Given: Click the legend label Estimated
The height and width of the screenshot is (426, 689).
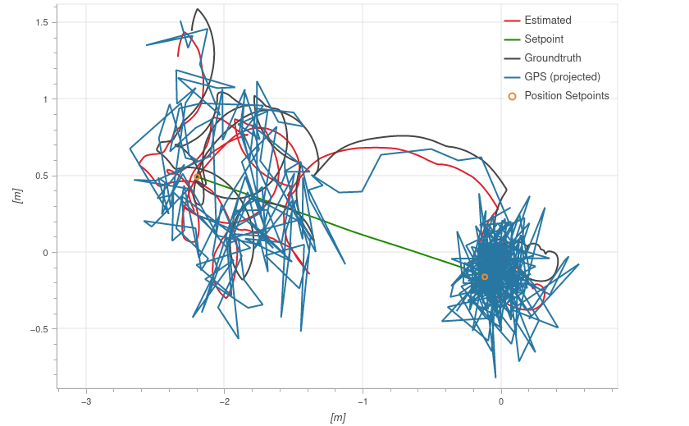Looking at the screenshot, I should click(547, 21).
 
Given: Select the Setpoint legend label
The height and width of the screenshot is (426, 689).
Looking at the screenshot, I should click(543, 39).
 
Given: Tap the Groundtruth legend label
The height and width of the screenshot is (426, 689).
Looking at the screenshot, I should click(552, 58).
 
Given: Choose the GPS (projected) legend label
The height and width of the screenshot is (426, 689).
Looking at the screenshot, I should click(562, 77).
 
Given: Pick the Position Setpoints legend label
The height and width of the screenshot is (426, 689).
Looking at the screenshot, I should click(566, 96).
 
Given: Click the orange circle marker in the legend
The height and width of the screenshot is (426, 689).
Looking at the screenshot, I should click(512, 96).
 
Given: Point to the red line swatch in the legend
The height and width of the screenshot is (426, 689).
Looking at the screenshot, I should click(512, 21).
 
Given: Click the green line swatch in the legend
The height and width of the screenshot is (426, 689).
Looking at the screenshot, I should click(512, 39).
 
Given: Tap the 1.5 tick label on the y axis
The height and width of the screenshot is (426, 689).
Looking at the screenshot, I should click(42, 22).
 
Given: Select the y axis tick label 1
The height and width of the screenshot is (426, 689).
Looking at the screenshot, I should click(46, 99).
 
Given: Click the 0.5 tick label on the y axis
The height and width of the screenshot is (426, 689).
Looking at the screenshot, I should click(42, 176).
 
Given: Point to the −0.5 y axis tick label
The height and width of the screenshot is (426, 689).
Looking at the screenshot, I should click(39, 329).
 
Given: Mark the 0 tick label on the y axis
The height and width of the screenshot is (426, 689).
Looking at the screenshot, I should click(46, 253).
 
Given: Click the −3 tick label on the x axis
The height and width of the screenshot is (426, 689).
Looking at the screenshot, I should click(85, 401).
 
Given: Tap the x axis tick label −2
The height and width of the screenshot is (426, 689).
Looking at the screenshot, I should click(223, 401).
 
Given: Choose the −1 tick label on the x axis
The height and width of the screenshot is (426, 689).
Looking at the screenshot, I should click(362, 401).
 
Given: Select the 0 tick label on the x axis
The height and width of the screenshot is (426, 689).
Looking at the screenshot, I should click(501, 401).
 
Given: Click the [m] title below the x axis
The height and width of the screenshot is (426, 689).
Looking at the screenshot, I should click(337, 417).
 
